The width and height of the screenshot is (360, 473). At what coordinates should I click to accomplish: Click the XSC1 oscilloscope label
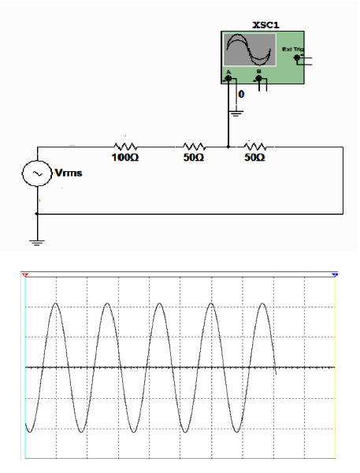[265, 25]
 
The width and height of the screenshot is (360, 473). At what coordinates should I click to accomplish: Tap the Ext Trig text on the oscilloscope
[293, 49]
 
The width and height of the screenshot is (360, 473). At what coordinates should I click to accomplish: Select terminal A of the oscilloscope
[228, 79]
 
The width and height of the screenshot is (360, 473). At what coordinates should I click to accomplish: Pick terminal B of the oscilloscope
[258, 79]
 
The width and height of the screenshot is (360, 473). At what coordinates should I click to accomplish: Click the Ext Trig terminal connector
[297, 58]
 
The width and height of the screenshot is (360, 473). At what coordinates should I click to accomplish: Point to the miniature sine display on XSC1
[250, 50]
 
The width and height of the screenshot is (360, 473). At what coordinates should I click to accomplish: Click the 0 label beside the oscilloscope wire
[241, 95]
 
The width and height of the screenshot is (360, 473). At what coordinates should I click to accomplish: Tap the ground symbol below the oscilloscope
[236, 114]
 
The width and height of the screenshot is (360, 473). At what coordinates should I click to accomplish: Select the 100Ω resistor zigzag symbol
[125, 147]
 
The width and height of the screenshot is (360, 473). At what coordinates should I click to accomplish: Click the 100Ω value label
[125, 157]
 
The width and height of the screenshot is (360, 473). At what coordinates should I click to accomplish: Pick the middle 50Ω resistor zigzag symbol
[195, 147]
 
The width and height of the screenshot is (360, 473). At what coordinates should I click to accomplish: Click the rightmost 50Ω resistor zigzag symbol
[255, 147]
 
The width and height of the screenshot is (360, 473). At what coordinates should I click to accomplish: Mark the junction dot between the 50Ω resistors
[228, 147]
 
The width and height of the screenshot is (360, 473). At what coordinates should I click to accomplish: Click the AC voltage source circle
[37, 173]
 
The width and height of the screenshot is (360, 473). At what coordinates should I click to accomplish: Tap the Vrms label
[69, 173]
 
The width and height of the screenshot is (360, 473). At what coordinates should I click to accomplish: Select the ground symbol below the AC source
[37, 243]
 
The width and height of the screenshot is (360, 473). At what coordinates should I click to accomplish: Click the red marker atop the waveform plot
[25, 275]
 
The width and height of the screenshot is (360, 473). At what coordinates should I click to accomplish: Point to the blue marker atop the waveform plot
[335, 275]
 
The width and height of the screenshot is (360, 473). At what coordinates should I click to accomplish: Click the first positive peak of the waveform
[56, 303]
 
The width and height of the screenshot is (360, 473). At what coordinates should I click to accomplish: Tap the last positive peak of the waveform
[263, 303]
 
